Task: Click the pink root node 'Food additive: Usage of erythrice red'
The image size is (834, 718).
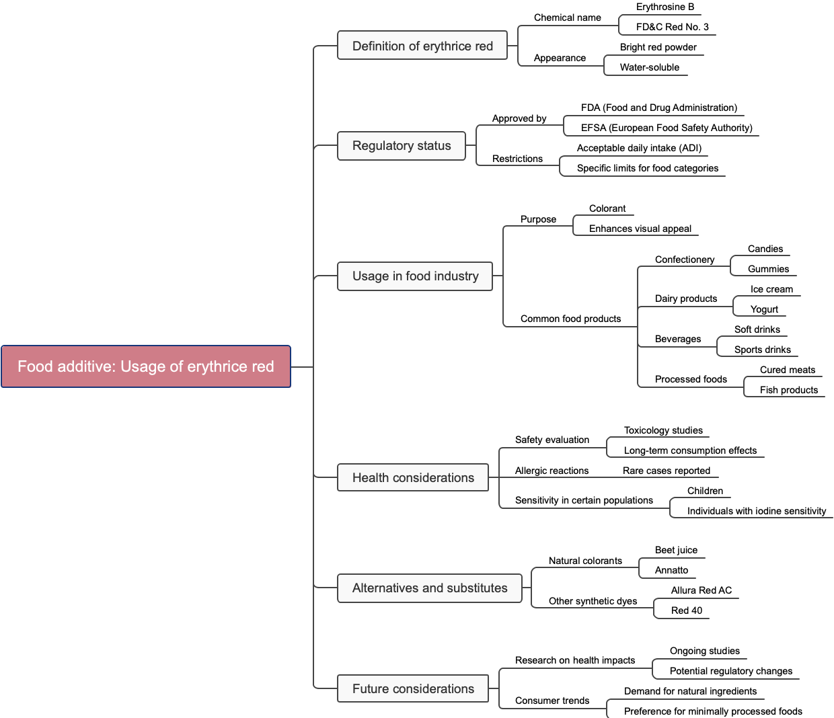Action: (x=146, y=366)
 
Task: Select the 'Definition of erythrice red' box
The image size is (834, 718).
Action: (x=422, y=46)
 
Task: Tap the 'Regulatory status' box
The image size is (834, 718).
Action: (x=402, y=146)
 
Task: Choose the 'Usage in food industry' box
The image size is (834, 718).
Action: (x=415, y=276)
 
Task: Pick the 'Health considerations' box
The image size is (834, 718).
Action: (x=413, y=478)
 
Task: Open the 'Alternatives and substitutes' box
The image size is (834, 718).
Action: (x=430, y=588)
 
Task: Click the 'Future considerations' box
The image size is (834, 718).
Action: (x=413, y=689)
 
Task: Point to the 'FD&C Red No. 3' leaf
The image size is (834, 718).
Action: (x=672, y=27)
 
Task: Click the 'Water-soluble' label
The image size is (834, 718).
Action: (x=649, y=67)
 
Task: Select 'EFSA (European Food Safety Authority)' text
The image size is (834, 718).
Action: (x=666, y=128)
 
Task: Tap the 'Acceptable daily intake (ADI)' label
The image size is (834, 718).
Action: (x=638, y=148)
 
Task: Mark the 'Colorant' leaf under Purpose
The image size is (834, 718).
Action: (x=607, y=208)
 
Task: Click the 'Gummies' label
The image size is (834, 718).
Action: (x=768, y=269)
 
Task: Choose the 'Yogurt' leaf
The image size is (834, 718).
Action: (x=764, y=309)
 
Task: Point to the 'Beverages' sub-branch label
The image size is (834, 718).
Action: (x=677, y=339)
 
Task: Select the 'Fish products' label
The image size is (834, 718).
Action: (x=788, y=390)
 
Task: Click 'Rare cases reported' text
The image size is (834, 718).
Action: (x=666, y=471)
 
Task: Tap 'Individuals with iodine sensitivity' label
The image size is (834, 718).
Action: (x=756, y=511)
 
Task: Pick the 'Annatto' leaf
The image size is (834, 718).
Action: (x=671, y=570)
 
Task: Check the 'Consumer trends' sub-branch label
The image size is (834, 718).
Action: (x=552, y=701)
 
